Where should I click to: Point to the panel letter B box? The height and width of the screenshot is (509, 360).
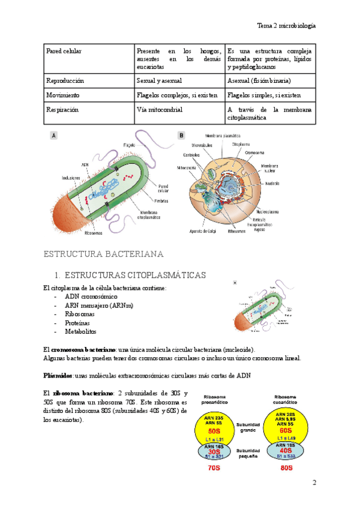(182, 136)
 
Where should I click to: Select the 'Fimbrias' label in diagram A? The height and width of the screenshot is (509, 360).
(160, 200)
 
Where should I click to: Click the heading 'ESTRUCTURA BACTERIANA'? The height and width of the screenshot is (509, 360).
(104, 254)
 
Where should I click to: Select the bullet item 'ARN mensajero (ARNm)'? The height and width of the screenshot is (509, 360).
(99, 306)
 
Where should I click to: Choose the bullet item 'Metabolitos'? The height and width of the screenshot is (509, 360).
(81, 331)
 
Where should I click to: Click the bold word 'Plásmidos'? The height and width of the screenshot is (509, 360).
(58, 376)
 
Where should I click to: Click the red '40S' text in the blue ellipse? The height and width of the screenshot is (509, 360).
(285, 450)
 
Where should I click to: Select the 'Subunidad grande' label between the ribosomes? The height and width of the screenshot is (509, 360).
(248, 427)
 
